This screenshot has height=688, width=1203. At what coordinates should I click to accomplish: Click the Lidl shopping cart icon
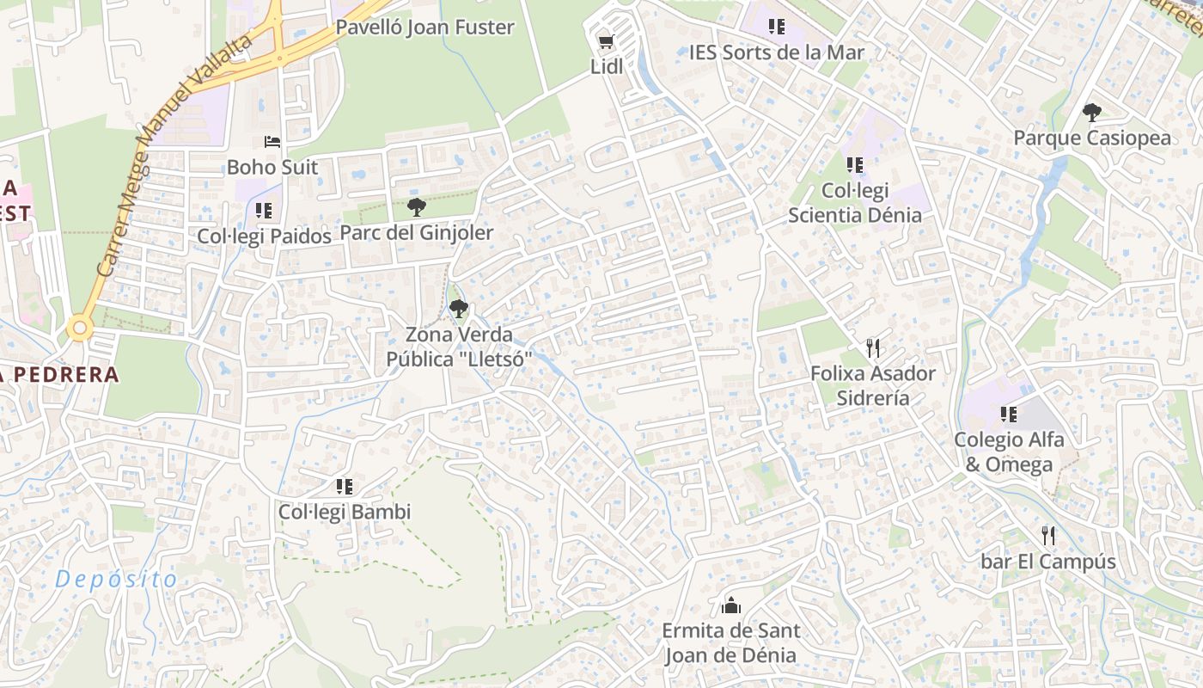pyautogui.click(x=606, y=40)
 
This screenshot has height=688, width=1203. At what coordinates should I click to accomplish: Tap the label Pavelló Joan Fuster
pyautogui.click(x=424, y=27)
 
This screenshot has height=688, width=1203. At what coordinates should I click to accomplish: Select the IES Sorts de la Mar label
pyautogui.click(x=776, y=52)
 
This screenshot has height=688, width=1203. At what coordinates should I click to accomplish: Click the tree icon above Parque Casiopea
pyautogui.click(x=1092, y=112)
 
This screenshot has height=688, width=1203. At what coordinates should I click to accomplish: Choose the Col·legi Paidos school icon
pyautogui.click(x=264, y=210)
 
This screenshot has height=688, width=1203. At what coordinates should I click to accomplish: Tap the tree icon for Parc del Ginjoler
pyautogui.click(x=417, y=206)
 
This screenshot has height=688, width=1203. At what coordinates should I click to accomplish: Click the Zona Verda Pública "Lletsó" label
pyautogui.click(x=460, y=347)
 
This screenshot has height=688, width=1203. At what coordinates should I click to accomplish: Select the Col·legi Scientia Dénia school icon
pyautogui.click(x=854, y=164)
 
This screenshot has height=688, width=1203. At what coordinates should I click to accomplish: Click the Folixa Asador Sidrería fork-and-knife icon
pyautogui.click(x=873, y=347)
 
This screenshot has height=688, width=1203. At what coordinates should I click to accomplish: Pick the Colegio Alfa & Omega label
pyautogui.click(x=1009, y=451)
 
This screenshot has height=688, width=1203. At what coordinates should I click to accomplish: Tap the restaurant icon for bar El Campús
pyautogui.click(x=1048, y=536)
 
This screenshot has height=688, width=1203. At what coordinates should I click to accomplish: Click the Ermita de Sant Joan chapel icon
pyautogui.click(x=731, y=605)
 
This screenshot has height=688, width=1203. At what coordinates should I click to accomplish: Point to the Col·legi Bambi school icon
pyautogui.click(x=345, y=487)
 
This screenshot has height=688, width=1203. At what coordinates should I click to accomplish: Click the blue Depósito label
pyautogui.click(x=116, y=580)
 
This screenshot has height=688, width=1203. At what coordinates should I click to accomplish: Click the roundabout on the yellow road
pyautogui.click(x=80, y=327)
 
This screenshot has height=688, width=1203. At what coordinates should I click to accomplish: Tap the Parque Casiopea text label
pyautogui.click(x=1092, y=138)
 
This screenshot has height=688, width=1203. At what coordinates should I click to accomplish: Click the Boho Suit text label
pyautogui.click(x=272, y=167)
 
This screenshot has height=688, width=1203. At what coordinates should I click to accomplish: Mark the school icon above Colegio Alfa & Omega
pyautogui.click(x=1009, y=415)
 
